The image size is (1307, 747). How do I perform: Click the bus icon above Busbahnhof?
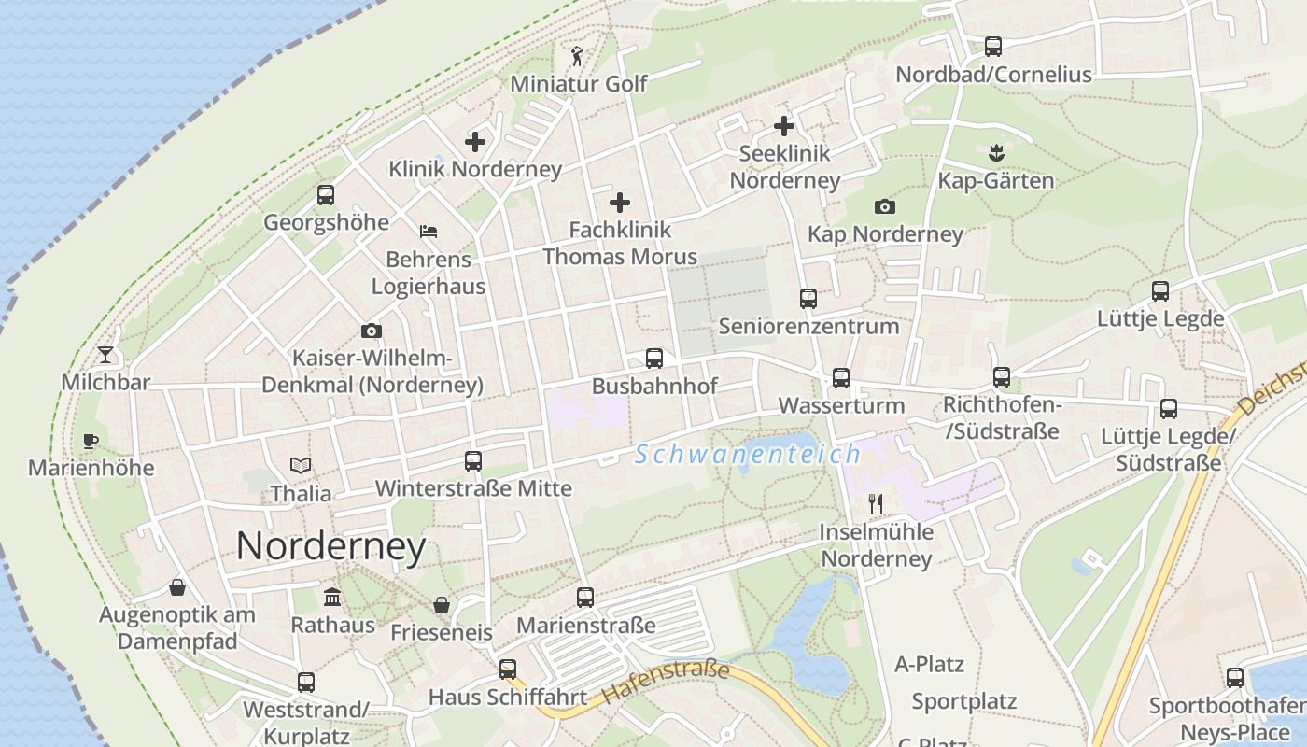click(654, 359)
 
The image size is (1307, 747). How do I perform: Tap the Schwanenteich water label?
click(747, 455)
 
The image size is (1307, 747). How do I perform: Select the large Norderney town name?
click(330, 546)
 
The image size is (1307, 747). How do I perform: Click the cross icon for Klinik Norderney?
click(475, 142)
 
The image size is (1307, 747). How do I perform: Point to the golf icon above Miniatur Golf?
click(578, 56)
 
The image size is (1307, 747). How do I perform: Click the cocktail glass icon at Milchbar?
click(105, 355)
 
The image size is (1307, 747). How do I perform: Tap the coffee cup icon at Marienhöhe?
click(91, 441)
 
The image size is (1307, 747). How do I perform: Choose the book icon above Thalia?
click(301, 465)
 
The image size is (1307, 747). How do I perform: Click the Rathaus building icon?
click(332, 598)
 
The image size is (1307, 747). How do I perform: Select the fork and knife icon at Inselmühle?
click(876, 504)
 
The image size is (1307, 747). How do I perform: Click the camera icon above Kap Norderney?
click(885, 206)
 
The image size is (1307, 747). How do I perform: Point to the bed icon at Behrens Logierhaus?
click(429, 232)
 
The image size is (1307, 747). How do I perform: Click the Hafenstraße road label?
click(666, 683)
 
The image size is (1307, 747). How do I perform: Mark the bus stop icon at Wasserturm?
click(841, 378)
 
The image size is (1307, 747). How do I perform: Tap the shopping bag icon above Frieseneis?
click(442, 605)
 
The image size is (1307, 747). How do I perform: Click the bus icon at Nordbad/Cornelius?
click(993, 47)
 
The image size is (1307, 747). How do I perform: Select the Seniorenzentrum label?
click(808, 326)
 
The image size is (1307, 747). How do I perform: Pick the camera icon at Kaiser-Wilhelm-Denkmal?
click(372, 331)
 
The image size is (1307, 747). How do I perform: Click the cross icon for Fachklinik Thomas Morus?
click(620, 203)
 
